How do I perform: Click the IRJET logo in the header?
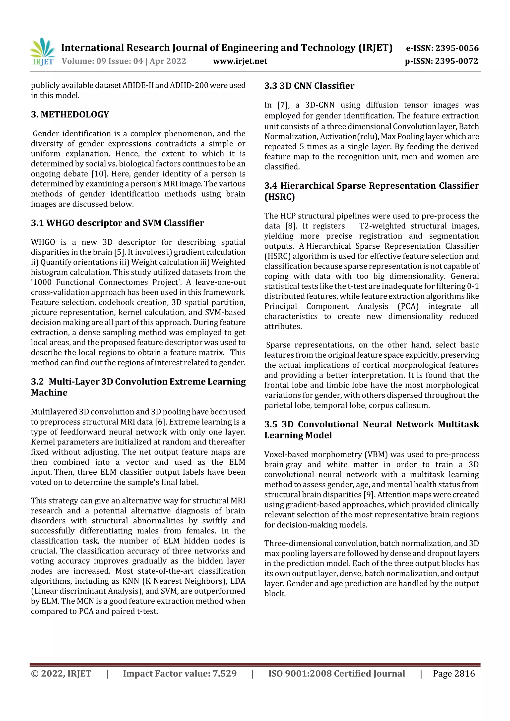tap(43, 52)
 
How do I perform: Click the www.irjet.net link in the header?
tap(240, 61)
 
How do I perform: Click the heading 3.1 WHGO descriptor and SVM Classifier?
tap(117, 223)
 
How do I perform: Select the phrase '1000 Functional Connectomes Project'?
tap(106, 282)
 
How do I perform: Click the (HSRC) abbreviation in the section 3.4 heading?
tap(279, 197)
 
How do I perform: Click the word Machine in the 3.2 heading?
tap(49, 393)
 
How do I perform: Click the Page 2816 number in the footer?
tap(454, 673)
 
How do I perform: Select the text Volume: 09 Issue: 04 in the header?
tap(102, 61)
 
